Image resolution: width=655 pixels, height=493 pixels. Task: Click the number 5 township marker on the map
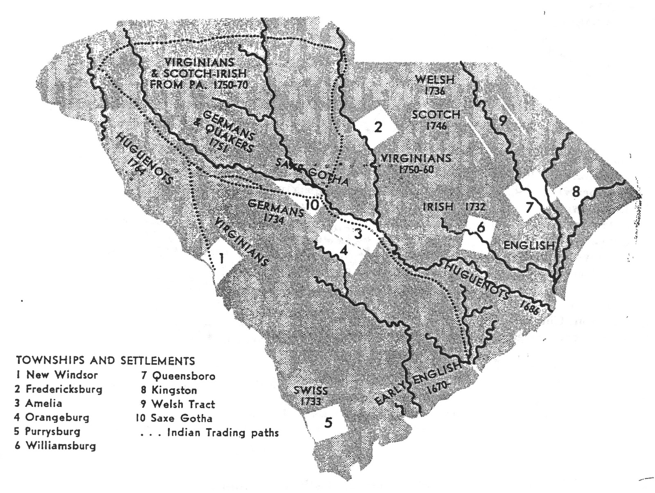pos(328,423)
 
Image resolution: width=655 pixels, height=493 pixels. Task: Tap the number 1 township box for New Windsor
pos(221,259)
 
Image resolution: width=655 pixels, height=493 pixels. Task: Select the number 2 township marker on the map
pos(378,127)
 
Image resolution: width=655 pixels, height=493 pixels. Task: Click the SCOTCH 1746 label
pos(436,119)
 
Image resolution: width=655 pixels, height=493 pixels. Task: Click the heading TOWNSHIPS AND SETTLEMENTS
pos(105,361)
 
